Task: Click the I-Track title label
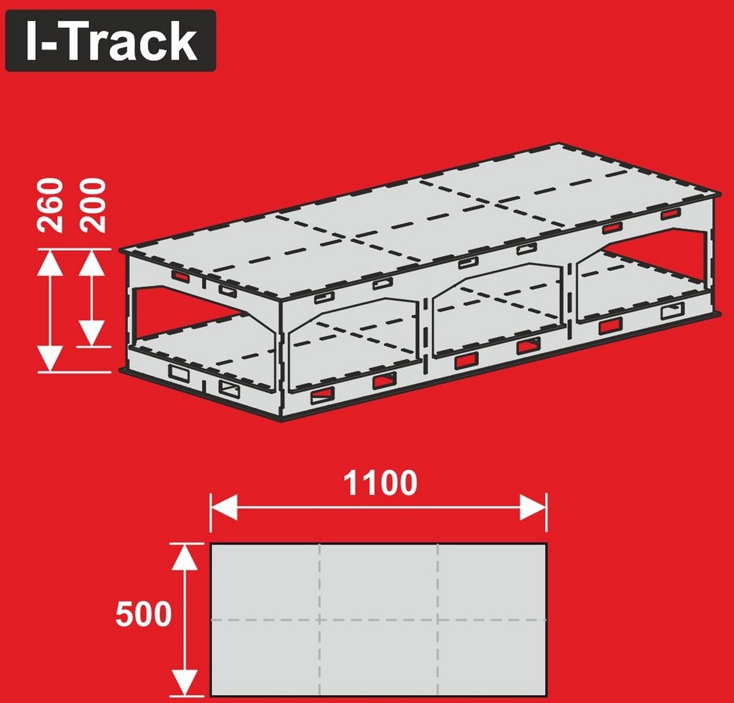(111, 41)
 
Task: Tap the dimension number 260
(50, 205)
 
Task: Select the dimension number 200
(92, 205)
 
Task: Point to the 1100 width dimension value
(380, 483)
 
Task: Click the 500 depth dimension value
(144, 615)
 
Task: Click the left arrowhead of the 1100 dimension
(224, 506)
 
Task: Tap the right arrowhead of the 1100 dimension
(532, 506)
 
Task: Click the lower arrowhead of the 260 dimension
(50, 359)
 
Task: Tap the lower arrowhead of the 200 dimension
(92, 334)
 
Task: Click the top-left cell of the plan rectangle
(266, 582)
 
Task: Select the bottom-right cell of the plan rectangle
(491, 658)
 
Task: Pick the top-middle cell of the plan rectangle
(379, 582)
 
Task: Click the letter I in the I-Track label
(32, 41)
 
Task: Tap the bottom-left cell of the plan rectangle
(266, 658)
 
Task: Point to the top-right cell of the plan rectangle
(491, 582)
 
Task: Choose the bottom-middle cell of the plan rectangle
(379, 658)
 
